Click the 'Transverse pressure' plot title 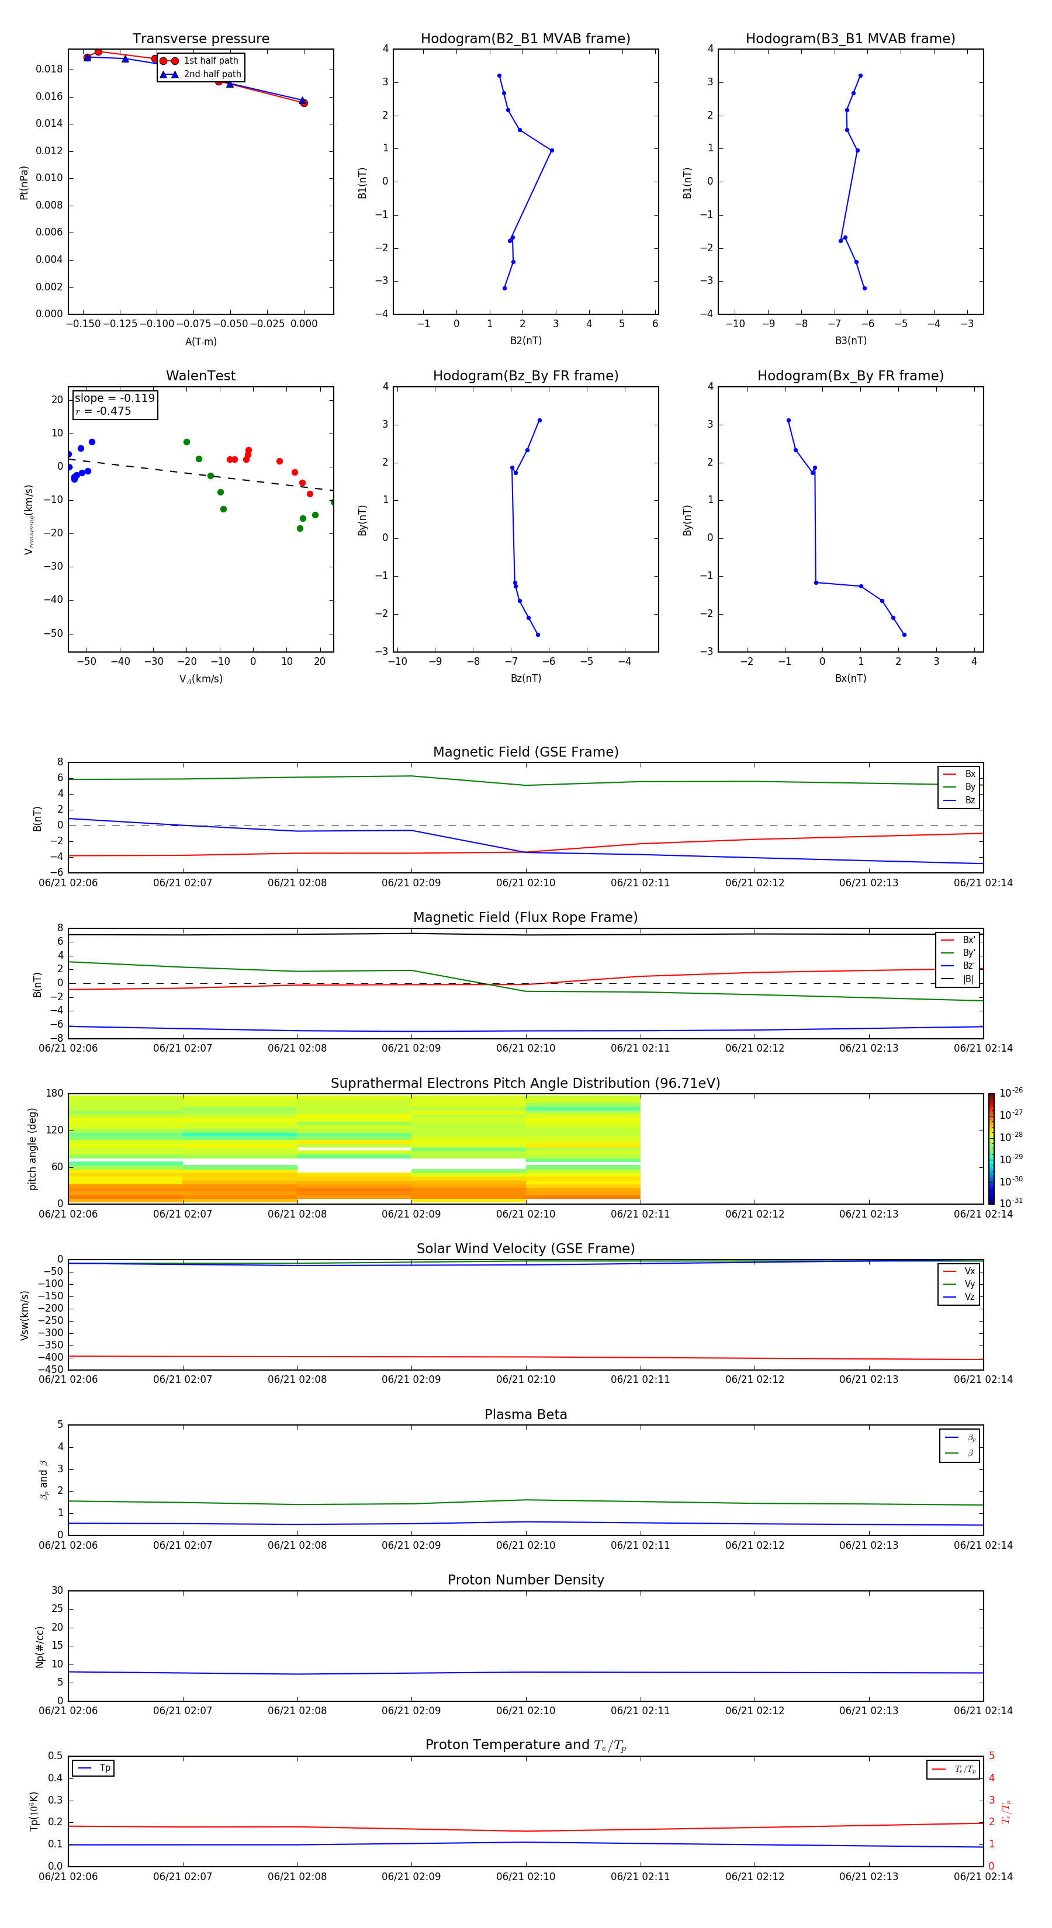200,39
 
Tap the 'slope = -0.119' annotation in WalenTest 115,398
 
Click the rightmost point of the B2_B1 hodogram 552,150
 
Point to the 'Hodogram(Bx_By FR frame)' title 850,376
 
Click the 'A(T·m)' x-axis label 200,341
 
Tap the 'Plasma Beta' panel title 525,1414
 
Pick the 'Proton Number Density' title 525,1580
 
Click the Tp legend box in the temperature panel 94,1768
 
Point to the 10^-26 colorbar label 1011,1093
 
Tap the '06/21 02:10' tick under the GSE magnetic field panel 525,883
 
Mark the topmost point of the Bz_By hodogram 539,421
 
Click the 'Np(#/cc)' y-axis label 40,1646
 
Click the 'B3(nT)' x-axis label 850,341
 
